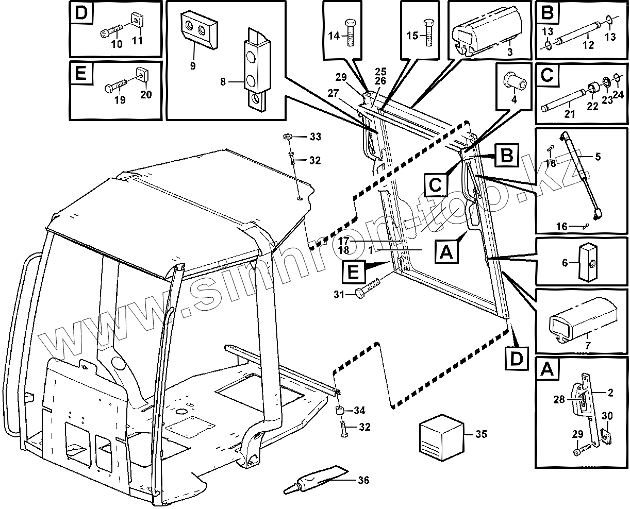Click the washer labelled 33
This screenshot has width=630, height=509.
point(288,137)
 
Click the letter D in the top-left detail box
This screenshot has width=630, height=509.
point(81,14)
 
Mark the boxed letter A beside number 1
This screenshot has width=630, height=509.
point(447,252)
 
